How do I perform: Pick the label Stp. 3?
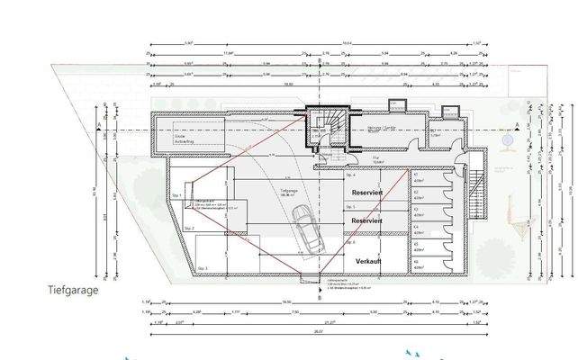point(202,268)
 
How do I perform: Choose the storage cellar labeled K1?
point(418,180)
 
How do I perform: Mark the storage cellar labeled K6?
point(418,264)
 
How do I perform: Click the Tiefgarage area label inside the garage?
point(289,193)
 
